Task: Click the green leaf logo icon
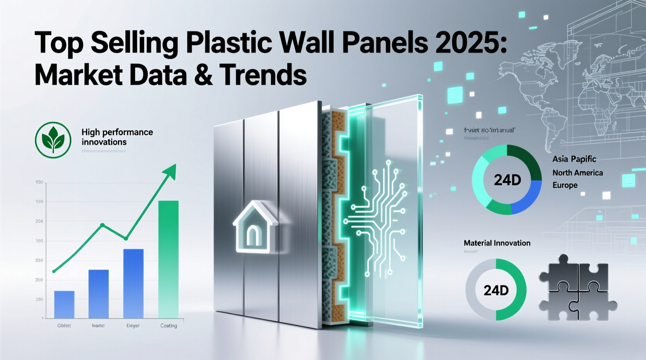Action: click(x=53, y=140)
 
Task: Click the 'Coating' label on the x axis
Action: click(x=168, y=325)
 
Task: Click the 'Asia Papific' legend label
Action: click(x=574, y=159)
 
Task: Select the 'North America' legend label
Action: click(x=578, y=173)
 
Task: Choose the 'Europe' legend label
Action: click(x=565, y=185)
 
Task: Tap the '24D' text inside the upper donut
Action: click(x=507, y=180)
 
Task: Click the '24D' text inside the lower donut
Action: click(x=496, y=290)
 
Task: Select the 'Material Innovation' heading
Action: click(x=497, y=243)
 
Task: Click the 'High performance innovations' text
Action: click(x=117, y=137)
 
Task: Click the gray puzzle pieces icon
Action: click(x=577, y=288)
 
